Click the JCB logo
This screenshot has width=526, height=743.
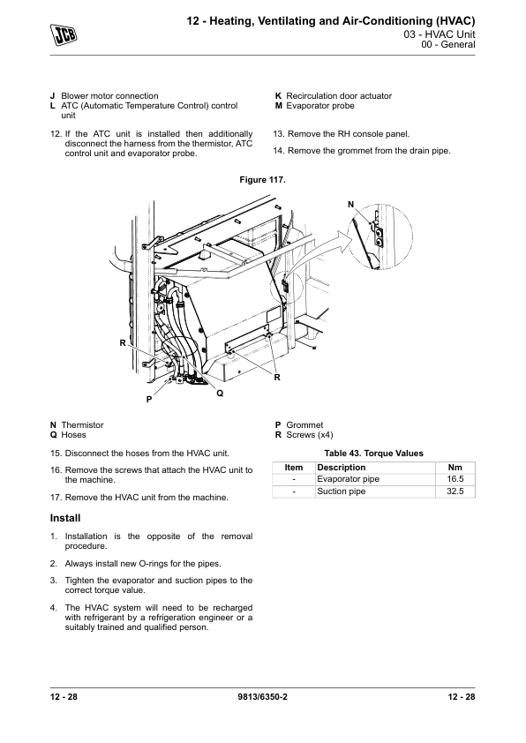64,35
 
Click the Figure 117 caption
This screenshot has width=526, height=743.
262,180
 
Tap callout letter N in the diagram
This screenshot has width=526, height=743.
350,205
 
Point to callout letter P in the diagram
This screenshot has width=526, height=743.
149,400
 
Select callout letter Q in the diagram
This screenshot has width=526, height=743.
220,394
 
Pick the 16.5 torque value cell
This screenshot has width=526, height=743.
455,479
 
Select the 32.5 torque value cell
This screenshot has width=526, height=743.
455,492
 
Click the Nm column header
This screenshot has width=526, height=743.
455,467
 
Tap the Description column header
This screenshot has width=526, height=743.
342,467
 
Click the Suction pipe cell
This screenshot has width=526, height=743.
342,492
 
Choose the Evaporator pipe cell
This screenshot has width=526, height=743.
349,479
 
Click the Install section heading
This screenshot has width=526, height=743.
65,518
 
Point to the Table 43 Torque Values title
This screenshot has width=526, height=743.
374,454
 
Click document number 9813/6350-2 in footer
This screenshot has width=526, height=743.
262,696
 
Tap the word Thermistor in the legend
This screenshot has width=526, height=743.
82,425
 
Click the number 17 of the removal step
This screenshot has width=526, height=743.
56,498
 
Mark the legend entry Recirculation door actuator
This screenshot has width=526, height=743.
339,95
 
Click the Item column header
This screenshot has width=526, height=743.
294,467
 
